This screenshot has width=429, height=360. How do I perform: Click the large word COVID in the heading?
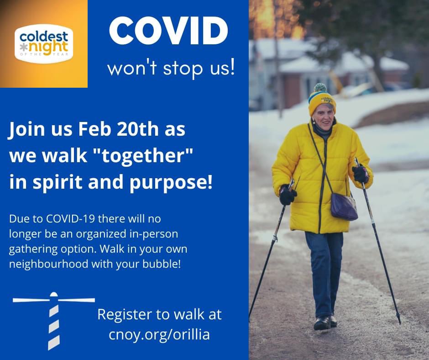click(x=168, y=31)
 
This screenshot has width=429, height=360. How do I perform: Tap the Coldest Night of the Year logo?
click(x=43, y=43)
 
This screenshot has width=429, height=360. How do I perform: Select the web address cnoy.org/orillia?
click(x=159, y=334)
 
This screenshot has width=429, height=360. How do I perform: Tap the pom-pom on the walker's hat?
click(x=320, y=88)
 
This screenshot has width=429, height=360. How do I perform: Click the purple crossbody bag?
click(x=344, y=206)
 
